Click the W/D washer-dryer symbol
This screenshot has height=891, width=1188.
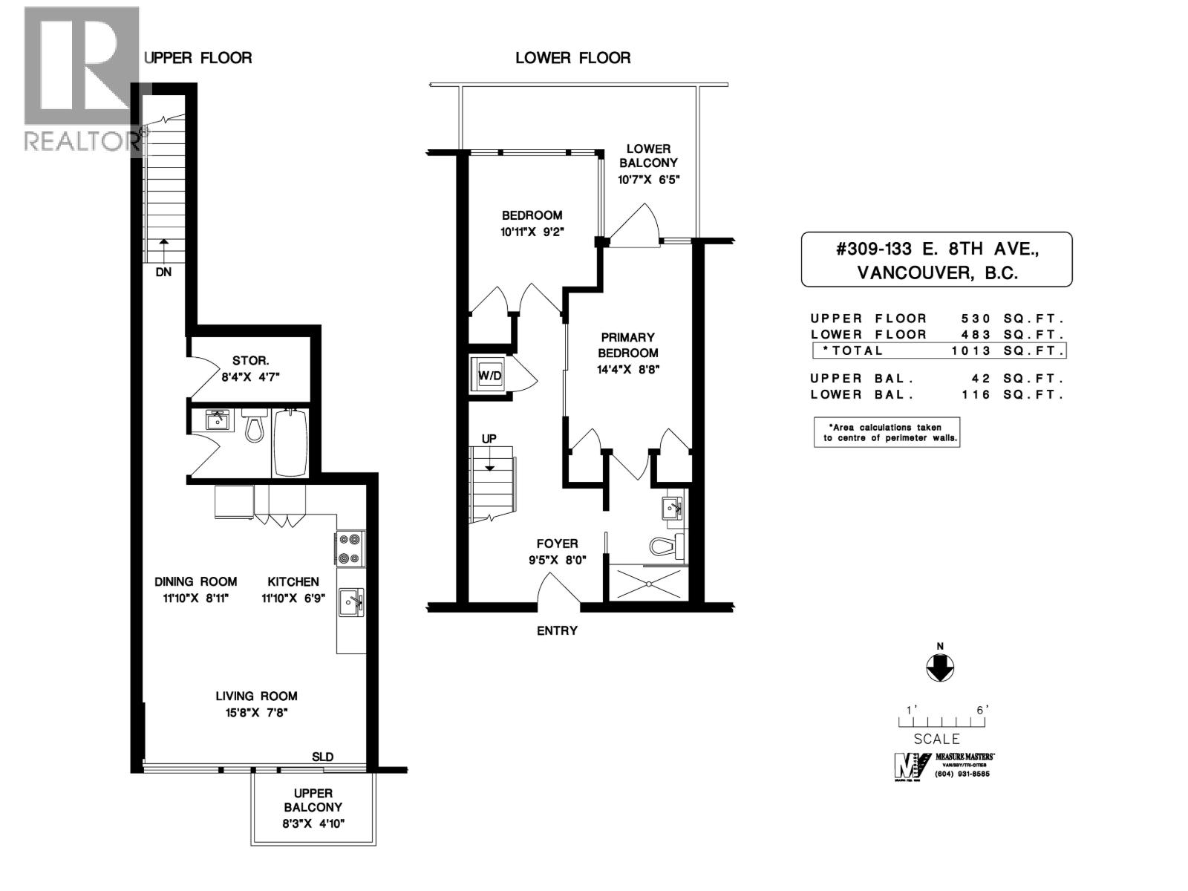coord(489,376)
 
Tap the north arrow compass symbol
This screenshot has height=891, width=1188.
coord(940,668)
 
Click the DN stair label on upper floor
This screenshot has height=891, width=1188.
coord(163,272)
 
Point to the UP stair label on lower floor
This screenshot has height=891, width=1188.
coord(489,439)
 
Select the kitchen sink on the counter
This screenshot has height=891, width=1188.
coord(350,601)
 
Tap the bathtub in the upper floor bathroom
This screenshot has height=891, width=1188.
coord(290,443)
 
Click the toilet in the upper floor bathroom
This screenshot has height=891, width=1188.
coord(255,427)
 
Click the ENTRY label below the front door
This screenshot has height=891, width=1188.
coord(557,630)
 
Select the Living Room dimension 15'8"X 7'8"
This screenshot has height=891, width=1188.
coord(256,713)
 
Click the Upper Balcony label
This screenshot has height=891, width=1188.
coord(313,800)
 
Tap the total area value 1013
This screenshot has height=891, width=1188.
coord(971,350)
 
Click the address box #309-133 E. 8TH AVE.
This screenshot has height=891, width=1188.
coord(936,259)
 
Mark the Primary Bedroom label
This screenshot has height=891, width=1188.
coord(628,345)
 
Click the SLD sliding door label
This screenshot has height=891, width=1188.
coord(322,757)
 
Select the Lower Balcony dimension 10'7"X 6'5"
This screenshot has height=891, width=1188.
coord(648,180)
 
